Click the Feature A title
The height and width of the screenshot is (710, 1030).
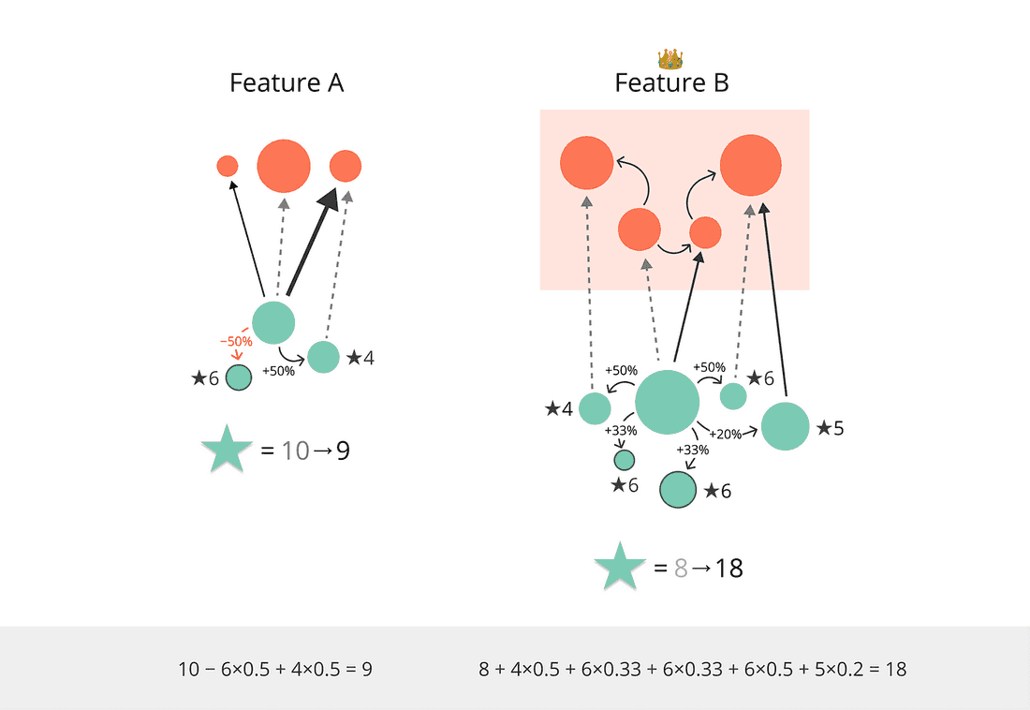tap(287, 82)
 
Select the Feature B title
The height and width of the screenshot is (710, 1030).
tap(671, 82)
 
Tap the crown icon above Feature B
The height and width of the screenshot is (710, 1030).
tap(670, 60)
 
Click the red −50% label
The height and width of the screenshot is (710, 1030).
tap(236, 342)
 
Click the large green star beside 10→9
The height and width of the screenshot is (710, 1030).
tap(227, 451)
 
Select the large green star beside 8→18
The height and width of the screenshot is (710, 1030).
tap(619, 568)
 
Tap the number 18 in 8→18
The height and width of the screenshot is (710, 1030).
tap(728, 568)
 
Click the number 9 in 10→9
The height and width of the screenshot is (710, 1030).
tap(343, 451)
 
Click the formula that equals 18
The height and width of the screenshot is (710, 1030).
tap(692, 669)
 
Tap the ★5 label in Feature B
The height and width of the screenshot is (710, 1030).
tap(830, 428)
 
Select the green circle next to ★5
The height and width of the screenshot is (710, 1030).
tap(785, 426)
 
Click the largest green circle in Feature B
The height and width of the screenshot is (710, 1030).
tap(668, 402)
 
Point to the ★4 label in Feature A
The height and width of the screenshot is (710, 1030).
tap(360, 357)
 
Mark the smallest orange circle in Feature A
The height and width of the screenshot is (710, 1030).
tap(227, 166)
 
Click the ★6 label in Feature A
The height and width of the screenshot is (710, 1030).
tap(204, 377)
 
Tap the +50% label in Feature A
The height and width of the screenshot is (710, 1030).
tap(279, 370)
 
